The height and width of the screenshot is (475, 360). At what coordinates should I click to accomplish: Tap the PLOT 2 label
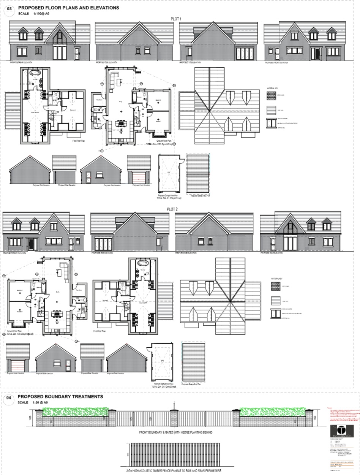click(x=172, y=209)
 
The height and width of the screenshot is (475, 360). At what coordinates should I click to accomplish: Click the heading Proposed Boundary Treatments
click(x=60, y=396)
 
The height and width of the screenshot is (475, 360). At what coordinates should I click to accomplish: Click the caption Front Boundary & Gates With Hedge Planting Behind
click(x=175, y=432)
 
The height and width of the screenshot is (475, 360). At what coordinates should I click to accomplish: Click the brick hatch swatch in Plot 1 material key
click(x=271, y=97)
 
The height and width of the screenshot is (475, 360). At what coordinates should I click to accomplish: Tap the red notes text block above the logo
click(x=343, y=415)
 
